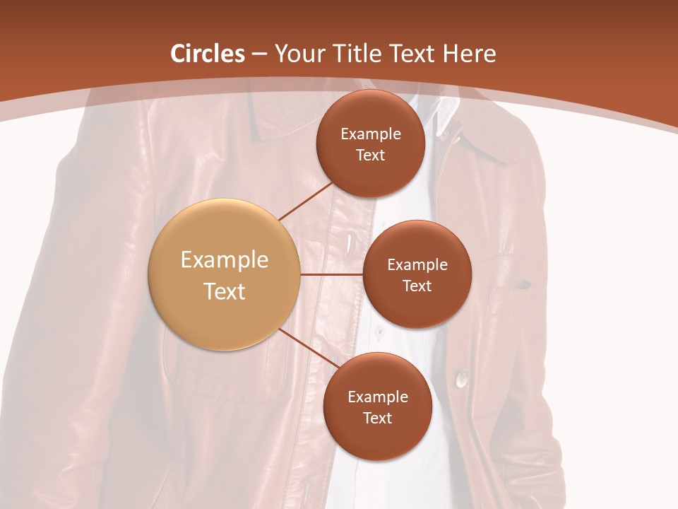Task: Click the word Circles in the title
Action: pos(208,54)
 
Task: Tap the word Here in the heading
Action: pos(469,54)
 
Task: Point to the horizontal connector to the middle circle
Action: pos(331,274)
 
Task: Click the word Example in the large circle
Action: pos(225,260)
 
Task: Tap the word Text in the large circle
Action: pos(225,291)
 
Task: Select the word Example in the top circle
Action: pos(371,134)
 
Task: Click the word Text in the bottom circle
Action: pos(377,418)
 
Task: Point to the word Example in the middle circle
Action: pos(417,264)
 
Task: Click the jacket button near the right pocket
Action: pos(463,379)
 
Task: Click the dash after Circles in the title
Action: pos(259,54)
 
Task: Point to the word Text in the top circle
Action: pos(371,155)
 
